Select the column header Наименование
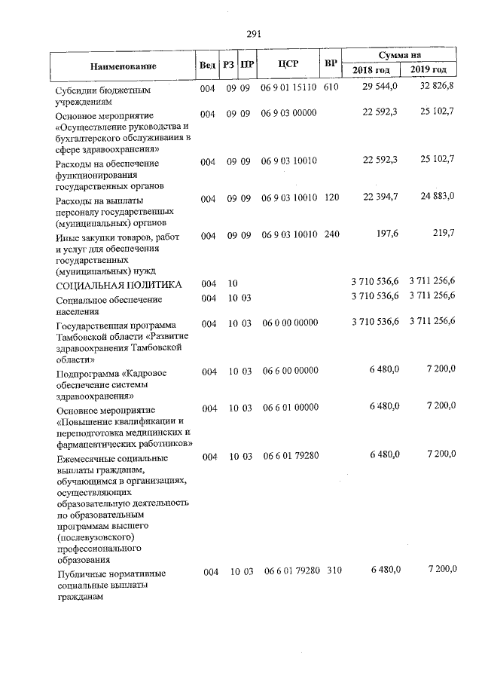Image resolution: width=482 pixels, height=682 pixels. coord(123,66)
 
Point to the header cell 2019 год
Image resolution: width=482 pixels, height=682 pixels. coord(429,71)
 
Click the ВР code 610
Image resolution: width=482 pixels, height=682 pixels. coord(331,88)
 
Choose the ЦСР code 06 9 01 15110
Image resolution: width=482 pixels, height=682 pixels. coord(289,88)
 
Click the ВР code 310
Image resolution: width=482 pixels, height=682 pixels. coord(334,571)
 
